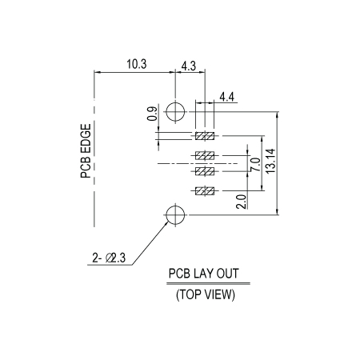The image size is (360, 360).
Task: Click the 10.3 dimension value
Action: click(x=137, y=64)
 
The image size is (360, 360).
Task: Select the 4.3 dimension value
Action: click(x=189, y=66)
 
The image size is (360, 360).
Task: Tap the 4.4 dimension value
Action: click(x=226, y=97)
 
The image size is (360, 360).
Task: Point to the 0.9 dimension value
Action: click(x=152, y=114)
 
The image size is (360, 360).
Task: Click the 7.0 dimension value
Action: click(x=255, y=165)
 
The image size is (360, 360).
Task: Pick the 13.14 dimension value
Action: click(x=270, y=161)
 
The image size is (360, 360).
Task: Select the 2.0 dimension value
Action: click(x=241, y=202)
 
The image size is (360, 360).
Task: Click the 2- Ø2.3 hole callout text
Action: click(x=109, y=258)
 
